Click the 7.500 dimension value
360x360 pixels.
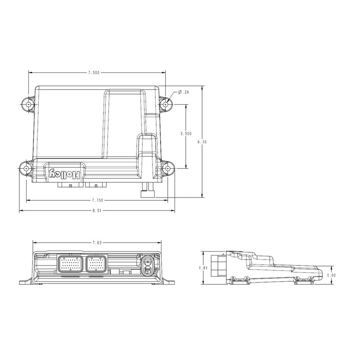(x=94, y=72)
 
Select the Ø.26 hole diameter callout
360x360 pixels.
(x=183, y=92)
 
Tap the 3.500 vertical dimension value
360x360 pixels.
(x=185, y=134)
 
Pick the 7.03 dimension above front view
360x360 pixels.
(x=96, y=243)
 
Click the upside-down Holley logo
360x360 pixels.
(x=65, y=173)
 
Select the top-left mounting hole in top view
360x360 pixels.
(x=29, y=103)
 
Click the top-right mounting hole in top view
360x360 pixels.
(x=166, y=104)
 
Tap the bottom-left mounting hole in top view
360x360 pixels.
(x=26, y=168)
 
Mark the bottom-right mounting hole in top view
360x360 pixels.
(x=167, y=168)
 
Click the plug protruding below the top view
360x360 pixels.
(x=148, y=191)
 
